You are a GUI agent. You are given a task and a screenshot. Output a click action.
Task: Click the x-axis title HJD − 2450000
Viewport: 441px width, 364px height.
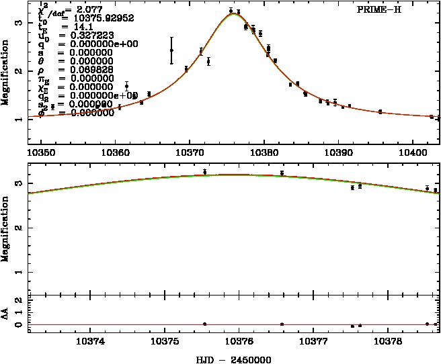point(233,359)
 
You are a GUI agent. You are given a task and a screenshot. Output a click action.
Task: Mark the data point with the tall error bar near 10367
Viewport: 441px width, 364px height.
point(171,50)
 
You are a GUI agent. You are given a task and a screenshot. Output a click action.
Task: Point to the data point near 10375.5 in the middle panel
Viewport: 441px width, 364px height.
point(204,172)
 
